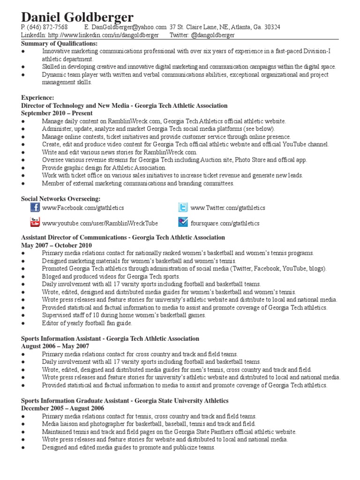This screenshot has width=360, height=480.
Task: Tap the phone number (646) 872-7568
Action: (x=48, y=27)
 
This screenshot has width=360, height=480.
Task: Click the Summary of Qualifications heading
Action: (x=60, y=44)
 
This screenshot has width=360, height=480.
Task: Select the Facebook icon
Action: (x=35, y=208)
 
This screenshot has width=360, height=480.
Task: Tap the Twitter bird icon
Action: (x=183, y=208)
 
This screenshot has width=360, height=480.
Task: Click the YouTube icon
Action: (x=35, y=222)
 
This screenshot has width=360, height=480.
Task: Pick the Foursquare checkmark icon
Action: (x=183, y=222)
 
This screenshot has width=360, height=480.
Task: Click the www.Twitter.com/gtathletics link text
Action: (x=228, y=208)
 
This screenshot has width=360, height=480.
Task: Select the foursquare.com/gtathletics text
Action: (x=225, y=223)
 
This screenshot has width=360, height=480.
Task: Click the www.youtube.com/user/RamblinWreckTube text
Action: (x=100, y=223)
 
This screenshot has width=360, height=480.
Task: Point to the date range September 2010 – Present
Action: (x=57, y=113)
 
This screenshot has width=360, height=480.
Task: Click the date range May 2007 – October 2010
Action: (x=57, y=245)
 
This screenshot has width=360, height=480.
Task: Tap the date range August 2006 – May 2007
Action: (x=55, y=346)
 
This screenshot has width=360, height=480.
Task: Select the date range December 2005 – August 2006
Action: (x=62, y=408)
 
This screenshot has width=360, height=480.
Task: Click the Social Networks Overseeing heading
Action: (x=60, y=199)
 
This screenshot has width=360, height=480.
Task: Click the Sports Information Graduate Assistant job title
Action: (x=75, y=401)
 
